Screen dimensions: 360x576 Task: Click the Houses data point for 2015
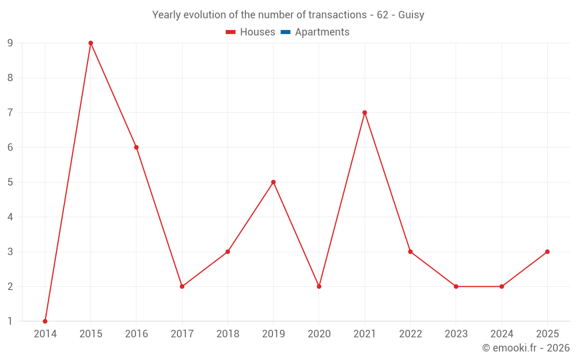click(x=90, y=43)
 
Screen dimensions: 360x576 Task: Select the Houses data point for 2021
click(x=365, y=113)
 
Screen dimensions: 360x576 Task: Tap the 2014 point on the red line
click(x=45, y=321)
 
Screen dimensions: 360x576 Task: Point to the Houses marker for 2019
click(x=274, y=182)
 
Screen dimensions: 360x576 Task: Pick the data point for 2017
click(x=182, y=286)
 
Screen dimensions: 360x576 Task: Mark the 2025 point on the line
click(x=547, y=252)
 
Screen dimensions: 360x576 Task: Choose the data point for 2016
click(x=137, y=147)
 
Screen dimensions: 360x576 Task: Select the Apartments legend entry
click(x=322, y=32)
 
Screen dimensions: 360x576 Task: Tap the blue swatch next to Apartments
click(x=285, y=32)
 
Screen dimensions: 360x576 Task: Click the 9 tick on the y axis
click(x=10, y=43)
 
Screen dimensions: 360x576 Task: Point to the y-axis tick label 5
click(x=10, y=182)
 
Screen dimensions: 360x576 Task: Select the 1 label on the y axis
click(x=10, y=321)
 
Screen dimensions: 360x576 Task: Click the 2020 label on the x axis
click(x=319, y=334)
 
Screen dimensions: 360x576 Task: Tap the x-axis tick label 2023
click(x=456, y=334)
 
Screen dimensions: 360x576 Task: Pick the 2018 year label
click(x=228, y=334)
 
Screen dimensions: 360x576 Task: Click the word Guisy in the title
click(x=411, y=15)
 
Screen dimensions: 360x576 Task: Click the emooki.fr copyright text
click(x=526, y=348)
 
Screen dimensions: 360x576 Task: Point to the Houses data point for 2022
click(x=410, y=252)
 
